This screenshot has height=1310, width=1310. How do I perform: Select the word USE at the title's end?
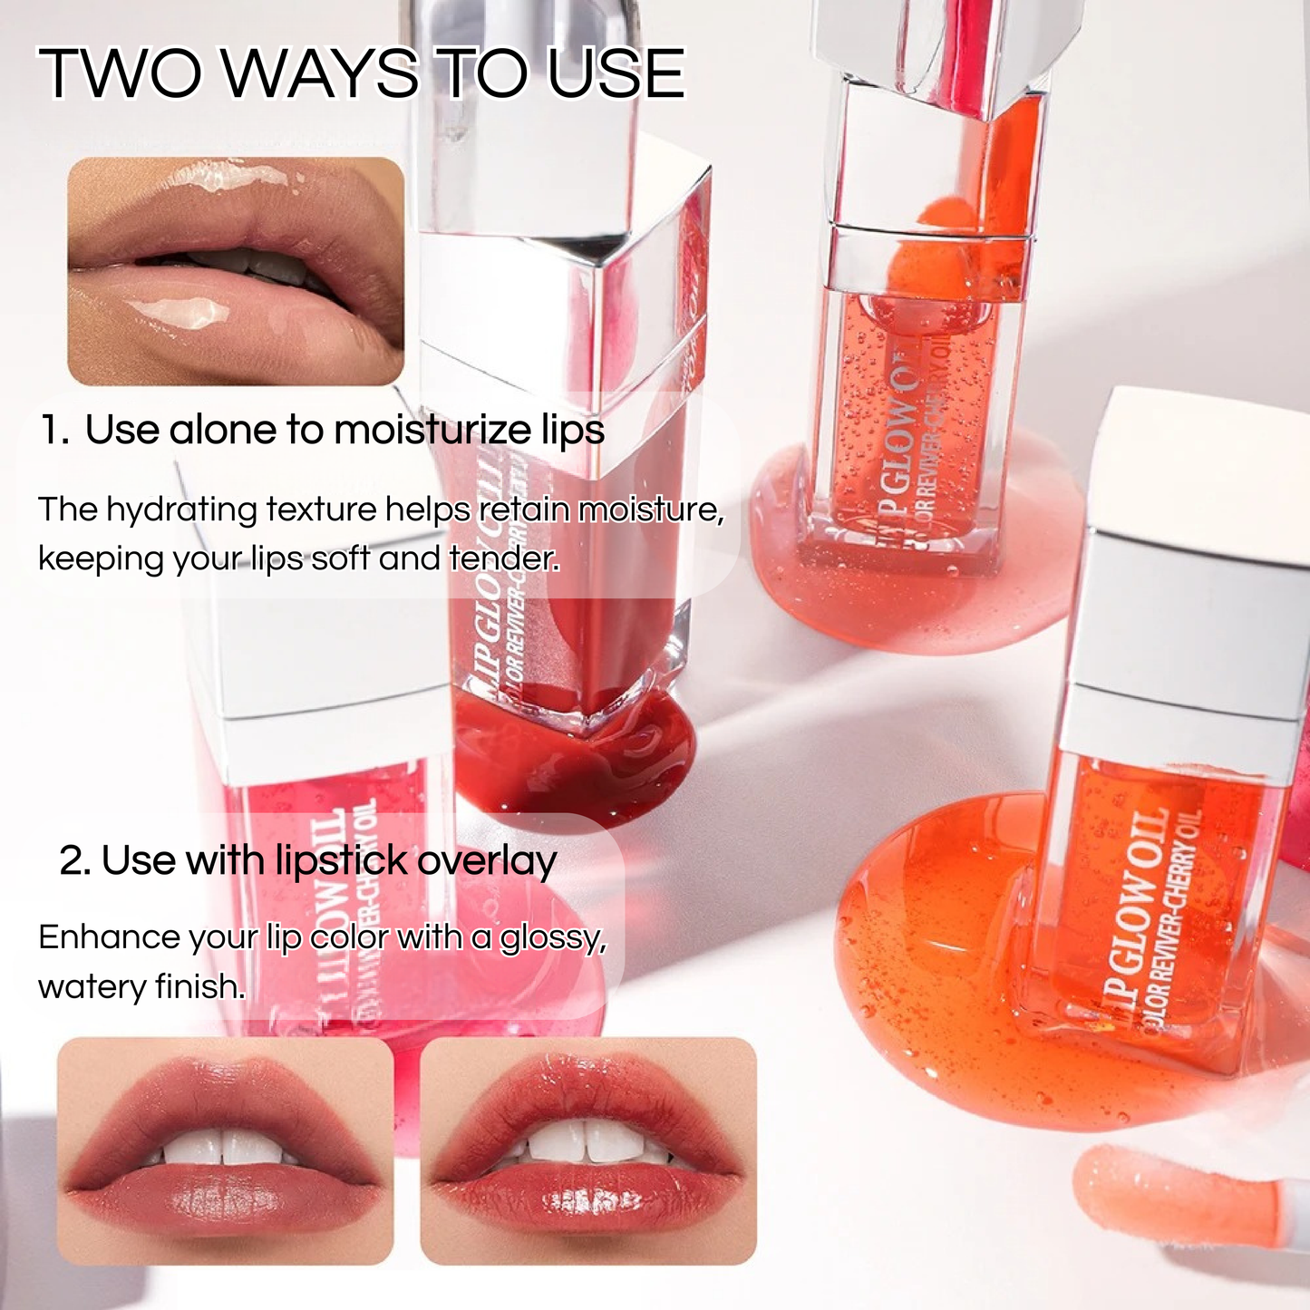[616, 73]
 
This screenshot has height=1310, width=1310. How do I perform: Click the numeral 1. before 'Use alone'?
[54, 430]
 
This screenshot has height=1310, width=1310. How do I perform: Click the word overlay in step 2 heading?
[487, 861]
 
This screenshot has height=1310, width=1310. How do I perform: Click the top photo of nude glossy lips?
[236, 271]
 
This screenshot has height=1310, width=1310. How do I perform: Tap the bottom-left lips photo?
[225, 1150]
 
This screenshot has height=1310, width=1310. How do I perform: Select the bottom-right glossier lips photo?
[587, 1150]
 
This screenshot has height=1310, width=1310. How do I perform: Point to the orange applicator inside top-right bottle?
[925, 263]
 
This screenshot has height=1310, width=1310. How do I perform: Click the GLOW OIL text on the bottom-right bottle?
[1138, 907]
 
